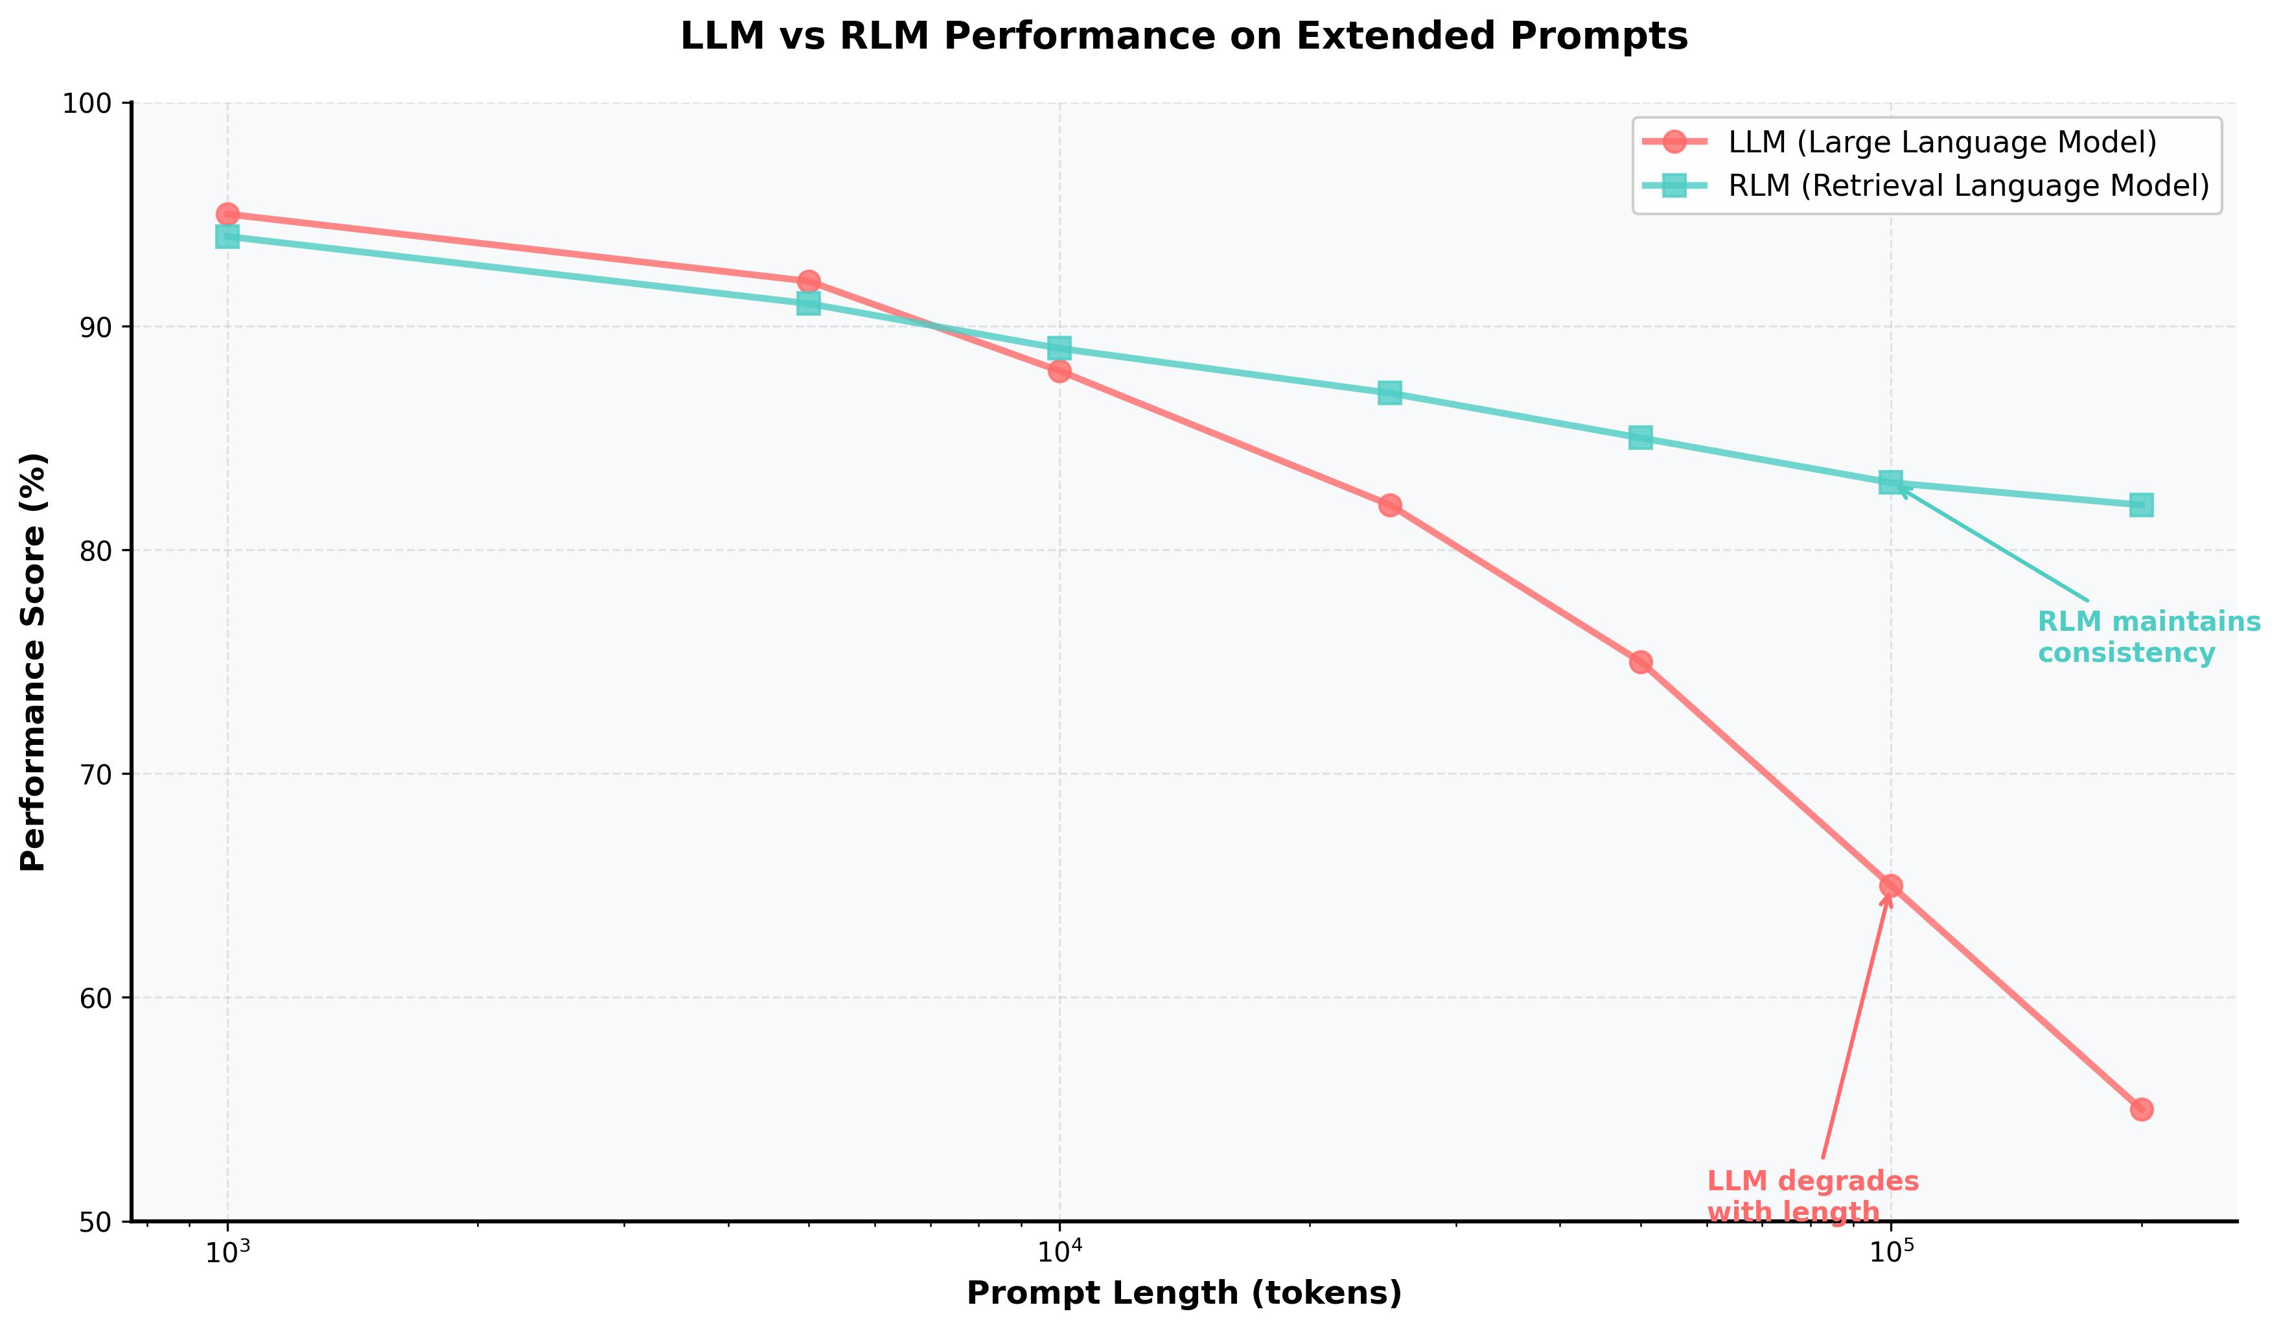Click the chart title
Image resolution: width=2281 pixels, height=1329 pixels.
point(1184,37)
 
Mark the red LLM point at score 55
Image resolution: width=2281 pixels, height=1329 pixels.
point(2140,1110)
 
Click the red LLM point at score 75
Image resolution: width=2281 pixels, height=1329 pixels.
point(1640,663)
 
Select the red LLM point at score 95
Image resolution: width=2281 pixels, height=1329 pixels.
point(227,215)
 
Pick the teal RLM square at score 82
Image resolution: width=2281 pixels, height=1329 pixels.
point(2140,505)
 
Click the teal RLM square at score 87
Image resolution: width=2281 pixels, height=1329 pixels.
point(1389,393)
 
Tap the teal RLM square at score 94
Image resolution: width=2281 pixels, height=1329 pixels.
point(227,236)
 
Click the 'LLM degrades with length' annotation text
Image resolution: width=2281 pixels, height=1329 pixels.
point(1812,1197)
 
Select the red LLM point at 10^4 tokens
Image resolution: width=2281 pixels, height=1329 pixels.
point(1059,371)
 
